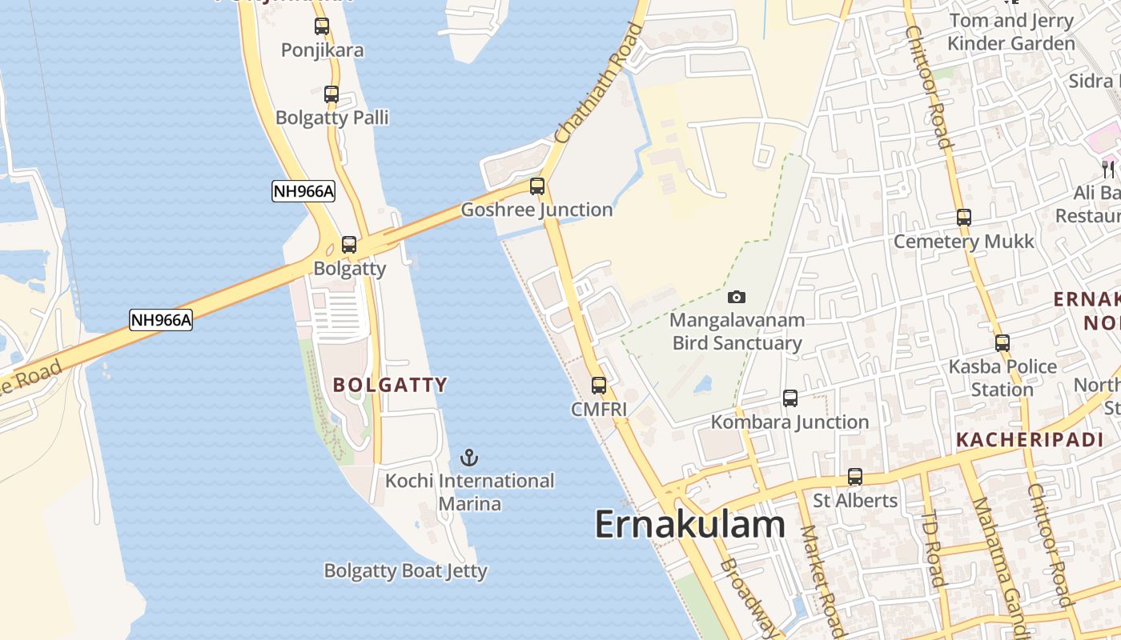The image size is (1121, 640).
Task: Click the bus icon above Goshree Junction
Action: click(537, 186)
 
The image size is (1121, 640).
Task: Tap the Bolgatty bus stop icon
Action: click(349, 245)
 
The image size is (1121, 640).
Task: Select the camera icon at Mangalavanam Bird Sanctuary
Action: click(737, 297)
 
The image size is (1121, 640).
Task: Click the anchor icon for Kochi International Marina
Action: click(470, 458)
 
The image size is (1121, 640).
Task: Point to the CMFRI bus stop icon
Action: click(599, 386)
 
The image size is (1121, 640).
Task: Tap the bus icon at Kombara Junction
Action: click(790, 398)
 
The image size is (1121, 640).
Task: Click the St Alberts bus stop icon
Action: click(855, 478)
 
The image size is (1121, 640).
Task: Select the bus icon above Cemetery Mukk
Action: click(964, 218)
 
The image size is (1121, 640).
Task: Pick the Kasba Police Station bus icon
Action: click(1002, 343)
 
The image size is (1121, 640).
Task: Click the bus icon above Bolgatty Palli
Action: click(331, 94)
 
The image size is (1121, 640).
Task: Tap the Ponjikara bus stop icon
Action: click(322, 26)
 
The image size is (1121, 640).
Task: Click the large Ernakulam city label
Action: click(689, 525)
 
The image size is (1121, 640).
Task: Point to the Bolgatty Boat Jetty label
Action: click(406, 571)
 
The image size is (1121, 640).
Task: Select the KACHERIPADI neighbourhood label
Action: click(1030, 439)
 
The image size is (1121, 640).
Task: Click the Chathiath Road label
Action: click(599, 83)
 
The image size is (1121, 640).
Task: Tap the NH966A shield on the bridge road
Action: click(161, 320)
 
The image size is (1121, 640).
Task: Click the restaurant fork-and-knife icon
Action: click(1108, 169)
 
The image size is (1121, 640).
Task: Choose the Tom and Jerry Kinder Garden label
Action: click(1011, 32)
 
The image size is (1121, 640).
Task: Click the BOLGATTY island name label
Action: click(390, 385)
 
